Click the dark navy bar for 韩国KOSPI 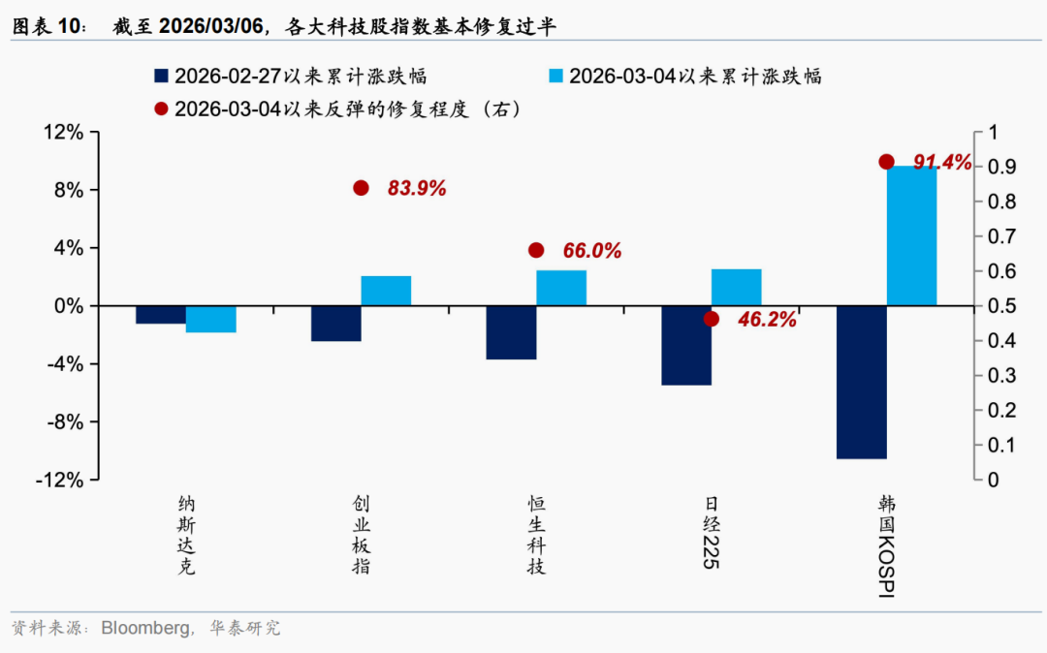click(x=861, y=382)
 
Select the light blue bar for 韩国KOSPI click(x=911, y=235)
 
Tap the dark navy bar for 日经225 click(x=685, y=345)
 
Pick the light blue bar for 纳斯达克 click(x=211, y=319)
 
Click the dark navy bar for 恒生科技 click(x=511, y=332)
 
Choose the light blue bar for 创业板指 click(x=386, y=291)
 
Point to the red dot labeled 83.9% click(x=362, y=188)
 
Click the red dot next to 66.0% click(x=536, y=250)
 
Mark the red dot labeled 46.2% click(x=712, y=319)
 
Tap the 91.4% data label click(x=941, y=163)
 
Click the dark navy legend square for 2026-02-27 click(x=162, y=76)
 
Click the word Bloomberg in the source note click(x=144, y=628)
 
